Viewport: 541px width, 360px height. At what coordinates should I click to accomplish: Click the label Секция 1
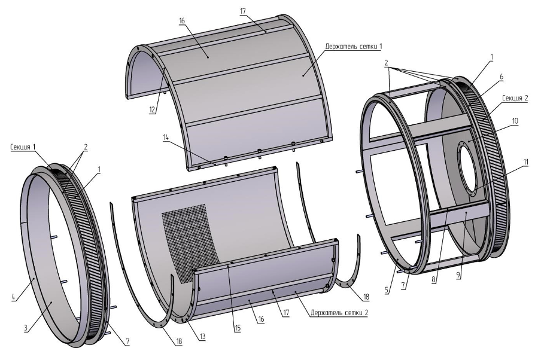(x=23, y=147)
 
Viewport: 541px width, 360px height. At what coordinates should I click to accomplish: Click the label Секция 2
(x=515, y=98)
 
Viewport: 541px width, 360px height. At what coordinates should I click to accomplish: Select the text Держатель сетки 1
(x=353, y=46)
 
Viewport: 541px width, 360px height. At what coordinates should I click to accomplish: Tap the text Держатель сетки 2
(x=339, y=313)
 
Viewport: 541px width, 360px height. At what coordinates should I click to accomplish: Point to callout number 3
(x=26, y=328)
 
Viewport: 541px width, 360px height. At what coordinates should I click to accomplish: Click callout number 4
(x=13, y=297)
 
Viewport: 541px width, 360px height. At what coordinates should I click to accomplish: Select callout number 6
(x=502, y=77)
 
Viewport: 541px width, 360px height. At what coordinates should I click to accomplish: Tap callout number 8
(x=434, y=279)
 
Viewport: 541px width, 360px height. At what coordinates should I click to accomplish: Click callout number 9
(x=458, y=275)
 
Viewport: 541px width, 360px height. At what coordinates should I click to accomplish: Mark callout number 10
(x=515, y=121)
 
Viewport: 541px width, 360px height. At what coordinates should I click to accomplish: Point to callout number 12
(x=153, y=109)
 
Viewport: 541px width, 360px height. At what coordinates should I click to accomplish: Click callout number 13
(x=202, y=337)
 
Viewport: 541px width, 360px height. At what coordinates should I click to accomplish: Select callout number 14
(x=166, y=137)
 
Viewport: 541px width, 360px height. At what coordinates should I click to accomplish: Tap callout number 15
(x=238, y=328)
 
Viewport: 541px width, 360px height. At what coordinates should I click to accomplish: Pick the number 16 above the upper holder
(x=182, y=21)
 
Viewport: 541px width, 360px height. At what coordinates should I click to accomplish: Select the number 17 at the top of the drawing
(x=242, y=11)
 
